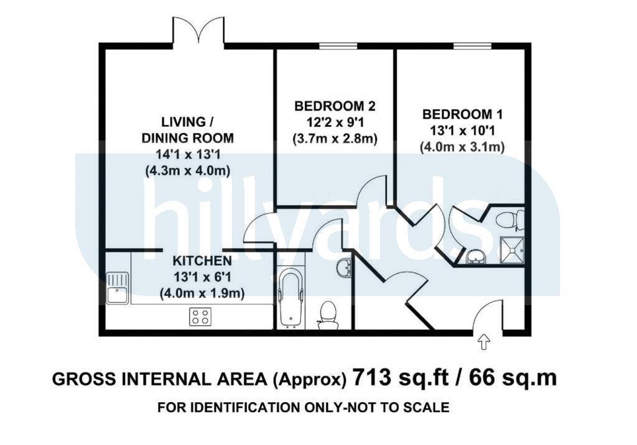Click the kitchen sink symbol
(118, 288)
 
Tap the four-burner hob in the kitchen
(201, 316)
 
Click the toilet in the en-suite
(510, 219)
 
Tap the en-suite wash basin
(475, 257)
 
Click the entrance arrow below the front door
(483, 342)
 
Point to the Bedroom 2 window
(338, 45)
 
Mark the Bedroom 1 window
(473, 45)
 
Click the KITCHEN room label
(202, 260)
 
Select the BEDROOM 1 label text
(462, 114)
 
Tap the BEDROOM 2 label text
(335, 106)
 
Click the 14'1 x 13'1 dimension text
(187, 154)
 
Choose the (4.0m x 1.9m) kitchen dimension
(202, 293)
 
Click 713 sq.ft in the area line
(401, 378)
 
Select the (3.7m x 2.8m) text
(335, 139)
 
